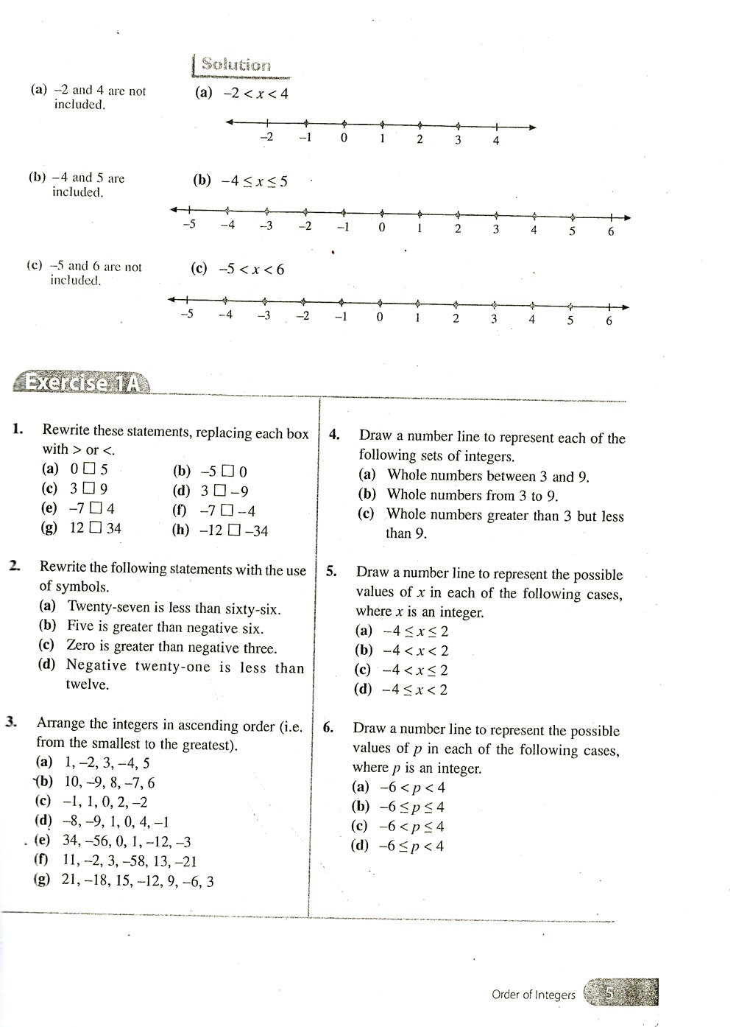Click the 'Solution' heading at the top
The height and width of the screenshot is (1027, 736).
pos(236,65)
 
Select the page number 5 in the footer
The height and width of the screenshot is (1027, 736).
pos(609,994)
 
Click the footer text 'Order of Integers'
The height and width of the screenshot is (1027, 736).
pos(533,995)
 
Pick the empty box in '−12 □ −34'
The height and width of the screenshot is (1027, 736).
pos(234,530)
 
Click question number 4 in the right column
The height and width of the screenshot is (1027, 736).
pos(334,434)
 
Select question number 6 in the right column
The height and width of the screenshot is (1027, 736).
pos(328,728)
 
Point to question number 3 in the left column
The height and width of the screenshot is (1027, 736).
pos(12,722)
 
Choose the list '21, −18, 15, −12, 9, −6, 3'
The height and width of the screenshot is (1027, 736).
pos(138,881)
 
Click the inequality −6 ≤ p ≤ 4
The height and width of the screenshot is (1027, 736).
pos(411,807)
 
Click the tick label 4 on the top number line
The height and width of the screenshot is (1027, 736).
pos(495,141)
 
